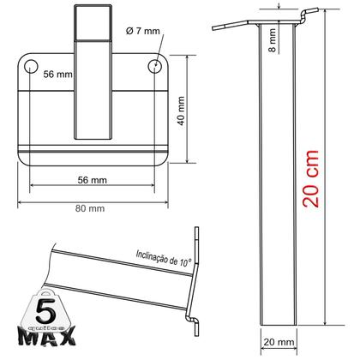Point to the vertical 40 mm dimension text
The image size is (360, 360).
(x=181, y=110)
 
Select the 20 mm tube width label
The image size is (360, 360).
(x=285, y=343)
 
